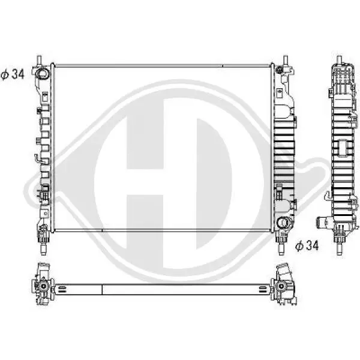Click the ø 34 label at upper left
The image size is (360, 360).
click(13, 74)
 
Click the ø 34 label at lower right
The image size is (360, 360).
click(307, 245)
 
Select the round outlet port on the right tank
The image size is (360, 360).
click(283, 223)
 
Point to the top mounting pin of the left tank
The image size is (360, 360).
click(39, 61)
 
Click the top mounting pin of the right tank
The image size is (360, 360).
click(286, 61)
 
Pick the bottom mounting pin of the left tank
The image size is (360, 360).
click(43, 250)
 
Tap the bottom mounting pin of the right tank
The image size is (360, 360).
click(281, 250)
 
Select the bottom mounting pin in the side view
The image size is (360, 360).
click(340, 250)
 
